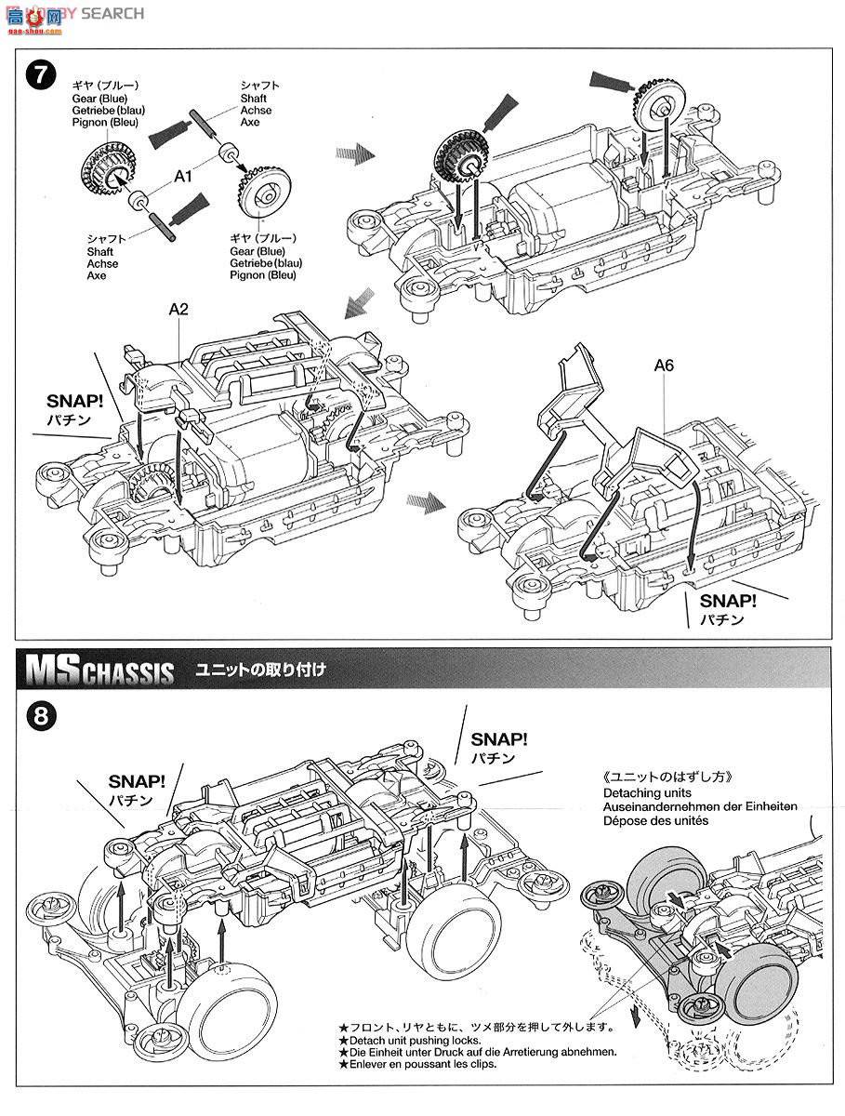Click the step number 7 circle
(37, 74)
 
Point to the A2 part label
(178, 309)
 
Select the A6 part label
(664, 365)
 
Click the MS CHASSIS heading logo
(99, 671)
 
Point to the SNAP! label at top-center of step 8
(499, 739)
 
